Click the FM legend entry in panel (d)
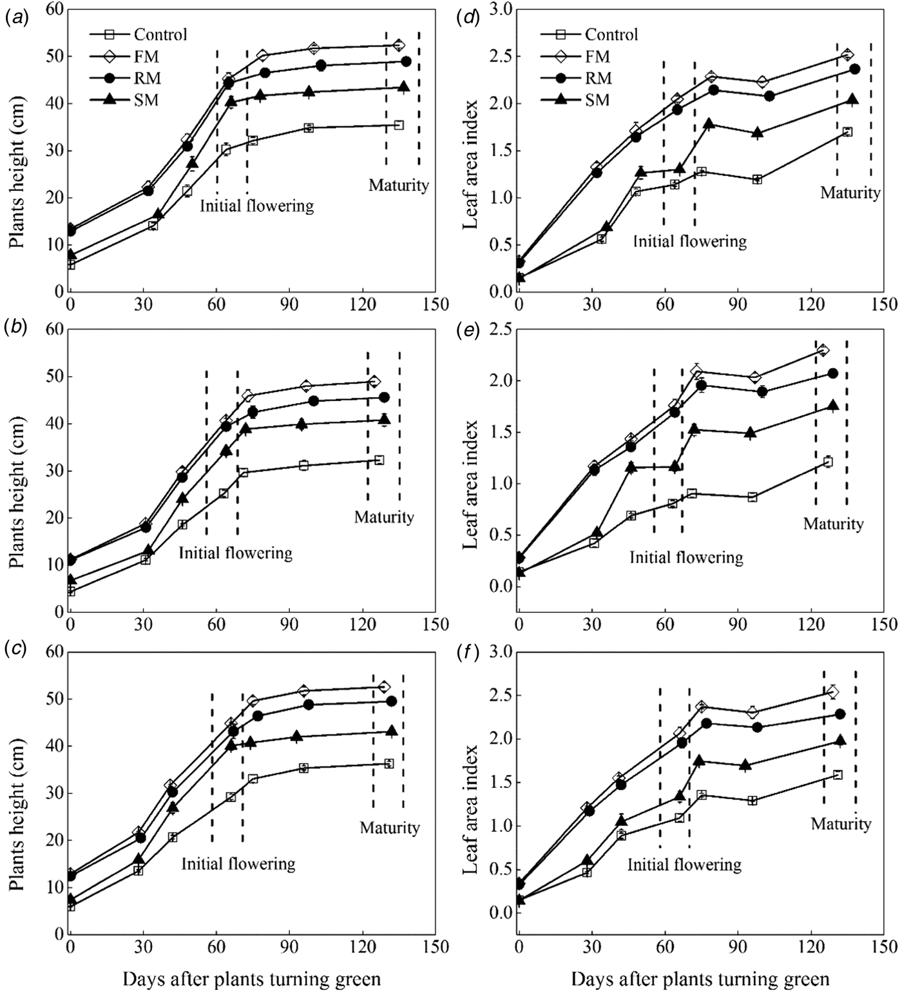click(597, 57)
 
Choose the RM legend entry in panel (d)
click(599, 79)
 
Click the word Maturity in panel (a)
click(398, 185)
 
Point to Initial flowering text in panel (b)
click(235, 553)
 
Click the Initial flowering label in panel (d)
click(689, 242)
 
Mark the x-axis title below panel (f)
click(700, 980)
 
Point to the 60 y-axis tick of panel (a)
click(55, 10)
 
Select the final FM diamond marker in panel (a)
click(399, 45)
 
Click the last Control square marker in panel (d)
click(847, 132)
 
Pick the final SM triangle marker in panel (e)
click(833, 406)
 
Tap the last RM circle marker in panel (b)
click(384, 397)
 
